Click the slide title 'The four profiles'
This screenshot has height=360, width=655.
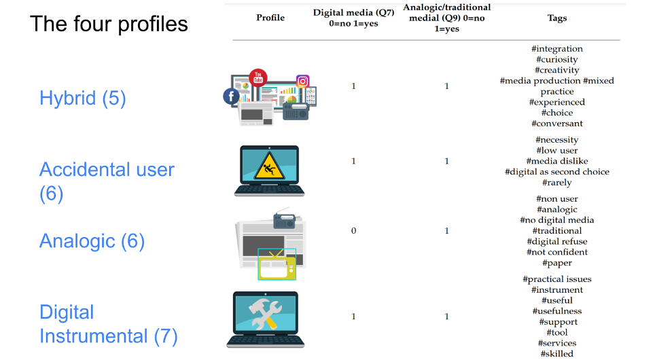[x=109, y=24]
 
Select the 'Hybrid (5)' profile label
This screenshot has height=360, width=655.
[x=83, y=98]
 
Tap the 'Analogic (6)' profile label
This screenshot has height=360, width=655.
[x=92, y=241]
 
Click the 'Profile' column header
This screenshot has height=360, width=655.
[x=270, y=18]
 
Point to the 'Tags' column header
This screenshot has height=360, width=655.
[x=557, y=18]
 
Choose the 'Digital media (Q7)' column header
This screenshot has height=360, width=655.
[x=353, y=12]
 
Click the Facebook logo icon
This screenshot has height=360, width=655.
[x=231, y=96]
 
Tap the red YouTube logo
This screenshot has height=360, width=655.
[x=258, y=77]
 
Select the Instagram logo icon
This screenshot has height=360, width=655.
[x=302, y=81]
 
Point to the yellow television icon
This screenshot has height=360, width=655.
[x=277, y=265]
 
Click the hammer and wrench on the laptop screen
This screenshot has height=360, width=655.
[x=265, y=314]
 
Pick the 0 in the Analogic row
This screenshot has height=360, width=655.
[x=353, y=230]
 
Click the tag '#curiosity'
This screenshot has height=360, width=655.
[x=557, y=60]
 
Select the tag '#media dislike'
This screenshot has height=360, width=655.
[x=557, y=161]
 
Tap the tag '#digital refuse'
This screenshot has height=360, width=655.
[x=557, y=241]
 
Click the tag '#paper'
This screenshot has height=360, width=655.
[x=557, y=263]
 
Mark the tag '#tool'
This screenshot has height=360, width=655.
[x=557, y=332]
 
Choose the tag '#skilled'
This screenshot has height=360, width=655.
[x=557, y=354]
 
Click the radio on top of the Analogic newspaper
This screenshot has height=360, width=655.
[x=284, y=220]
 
